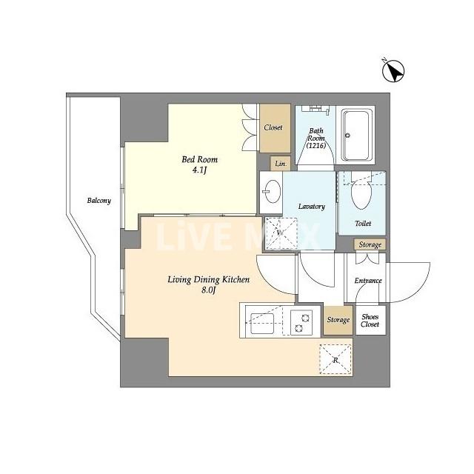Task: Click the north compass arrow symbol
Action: (x=393, y=71)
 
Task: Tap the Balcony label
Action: (x=99, y=201)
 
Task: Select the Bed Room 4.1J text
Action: (x=199, y=164)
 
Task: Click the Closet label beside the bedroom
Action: (x=273, y=127)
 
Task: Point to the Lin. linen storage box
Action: (x=280, y=164)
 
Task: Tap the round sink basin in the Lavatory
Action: (x=272, y=192)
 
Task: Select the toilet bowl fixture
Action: (x=361, y=193)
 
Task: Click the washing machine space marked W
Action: (x=280, y=233)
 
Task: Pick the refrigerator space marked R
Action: (x=336, y=360)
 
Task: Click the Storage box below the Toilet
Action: (x=370, y=244)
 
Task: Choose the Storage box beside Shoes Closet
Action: (x=338, y=320)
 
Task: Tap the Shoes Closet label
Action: (x=370, y=321)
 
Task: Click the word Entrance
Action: (x=368, y=281)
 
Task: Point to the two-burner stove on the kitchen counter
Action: (x=301, y=322)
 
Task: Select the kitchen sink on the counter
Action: (x=262, y=323)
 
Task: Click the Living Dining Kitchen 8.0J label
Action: (x=209, y=284)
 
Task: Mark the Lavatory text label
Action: (x=312, y=207)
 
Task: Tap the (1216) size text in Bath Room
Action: (x=316, y=146)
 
